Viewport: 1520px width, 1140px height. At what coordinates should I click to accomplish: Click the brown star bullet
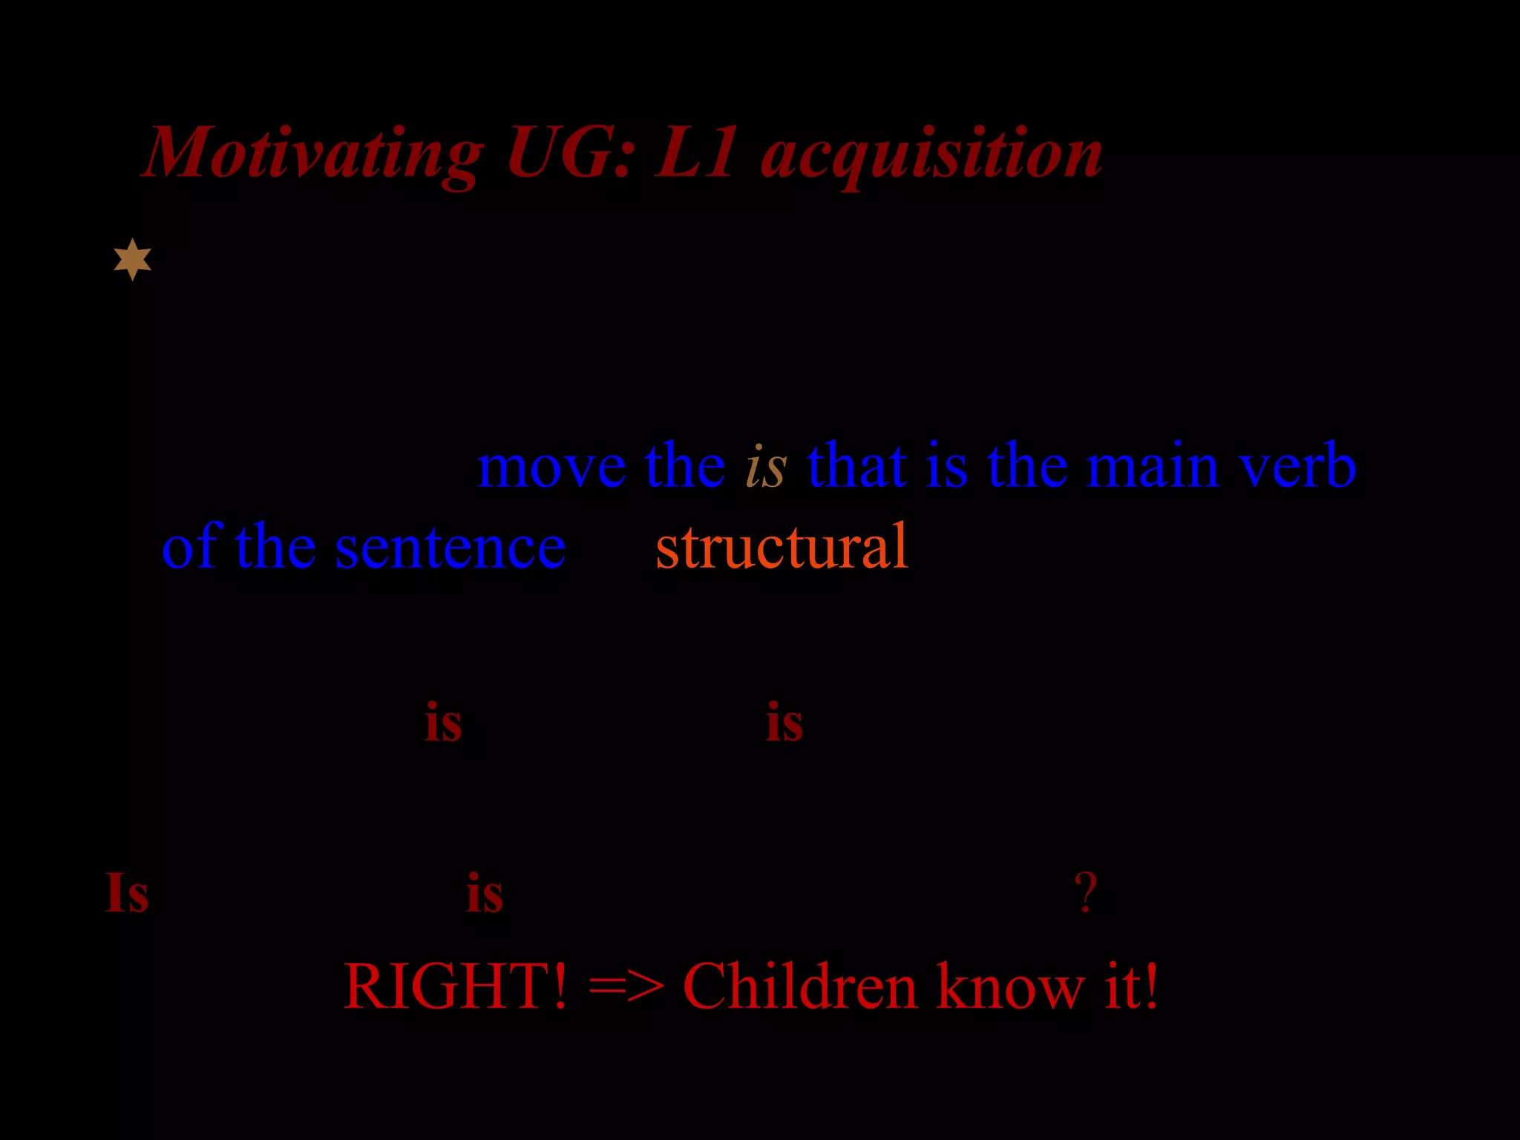pyautogui.click(x=133, y=259)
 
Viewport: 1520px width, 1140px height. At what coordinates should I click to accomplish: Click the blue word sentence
pyautogui.click(x=450, y=548)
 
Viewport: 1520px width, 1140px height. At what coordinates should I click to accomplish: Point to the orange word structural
pyautogui.click(x=782, y=548)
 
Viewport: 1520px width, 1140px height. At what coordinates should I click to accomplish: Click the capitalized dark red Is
pyautogui.click(x=127, y=892)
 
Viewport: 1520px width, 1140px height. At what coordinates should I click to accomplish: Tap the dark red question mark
pyautogui.click(x=1085, y=892)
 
